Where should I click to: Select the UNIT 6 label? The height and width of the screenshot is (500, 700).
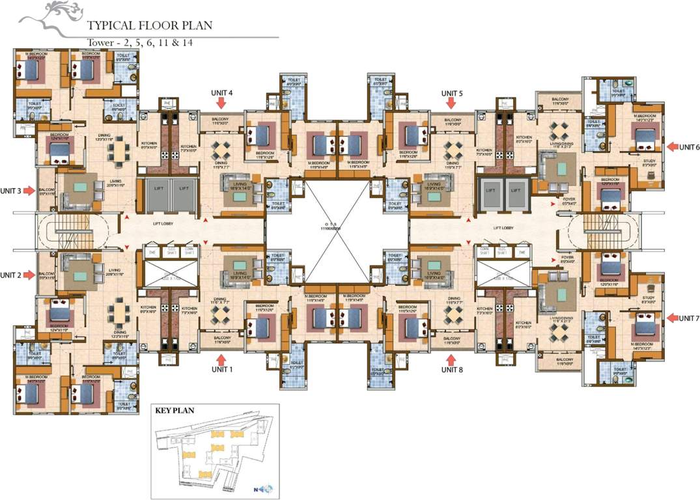(689, 147)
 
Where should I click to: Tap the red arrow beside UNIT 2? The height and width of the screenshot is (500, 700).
(29, 275)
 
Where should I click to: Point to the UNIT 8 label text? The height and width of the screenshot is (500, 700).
(452, 370)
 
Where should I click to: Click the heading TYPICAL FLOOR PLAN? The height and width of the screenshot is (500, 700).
(141, 27)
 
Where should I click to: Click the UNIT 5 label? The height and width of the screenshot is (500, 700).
(452, 93)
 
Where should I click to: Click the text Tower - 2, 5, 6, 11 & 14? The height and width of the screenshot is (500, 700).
(140, 44)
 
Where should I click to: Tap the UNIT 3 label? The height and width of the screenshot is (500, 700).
(10, 191)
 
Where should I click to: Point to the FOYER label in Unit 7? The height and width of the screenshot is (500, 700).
(568, 258)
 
